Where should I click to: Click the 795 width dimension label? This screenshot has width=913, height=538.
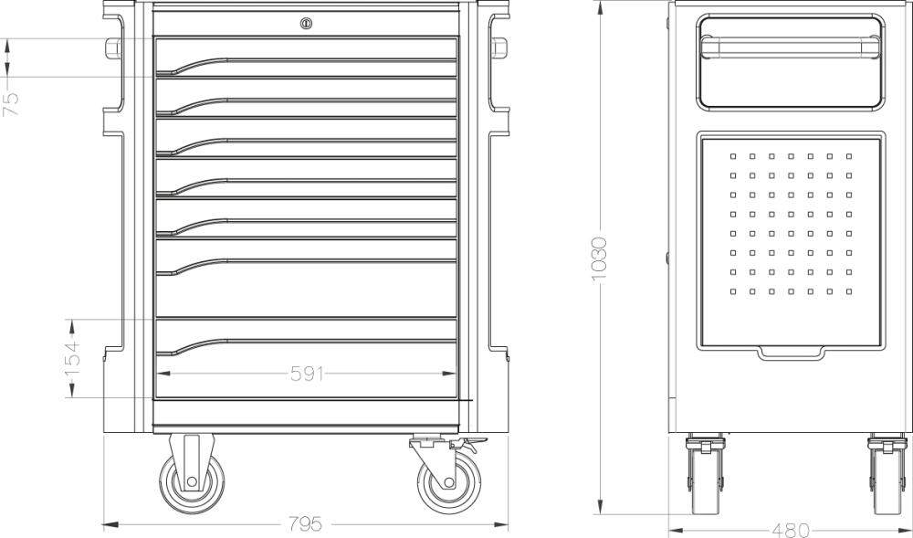306,524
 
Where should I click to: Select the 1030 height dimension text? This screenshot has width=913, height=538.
599,258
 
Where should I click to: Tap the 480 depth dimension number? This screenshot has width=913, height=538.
791,531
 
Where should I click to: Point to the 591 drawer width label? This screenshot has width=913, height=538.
307,374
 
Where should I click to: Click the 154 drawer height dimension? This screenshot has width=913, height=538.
72,358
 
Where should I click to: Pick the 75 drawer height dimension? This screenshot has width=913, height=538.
11,104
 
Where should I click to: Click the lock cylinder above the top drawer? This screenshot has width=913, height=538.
306,23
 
